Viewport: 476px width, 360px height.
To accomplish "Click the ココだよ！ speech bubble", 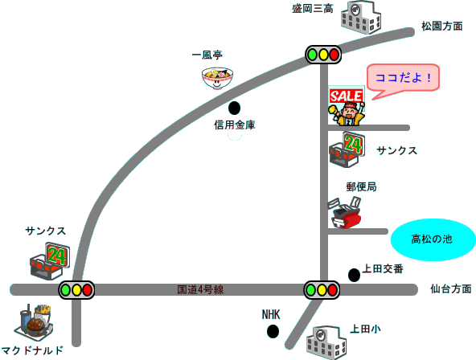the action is pyautogui.click(x=403, y=78).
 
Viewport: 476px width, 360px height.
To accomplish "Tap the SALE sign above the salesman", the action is pyautogui.click(x=346, y=96).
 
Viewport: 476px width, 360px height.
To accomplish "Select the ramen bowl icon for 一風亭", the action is pyautogui.click(x=217, y=78).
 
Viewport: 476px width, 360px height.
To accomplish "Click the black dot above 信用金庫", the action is pyautogui.click(x=234, y=108).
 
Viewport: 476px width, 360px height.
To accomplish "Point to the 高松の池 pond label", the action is pyautogui.click(x=431, y=239).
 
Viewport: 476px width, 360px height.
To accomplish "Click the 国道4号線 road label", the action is pyautogui.click(x=200, y=289).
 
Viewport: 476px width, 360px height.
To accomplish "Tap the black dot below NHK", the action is pyautogui.click(x=273, y=332).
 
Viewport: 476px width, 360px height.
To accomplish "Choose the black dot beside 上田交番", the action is pyautogui.click(x=354, y=275).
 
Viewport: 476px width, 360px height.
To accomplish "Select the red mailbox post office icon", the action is pyautogui.click(x=345, y=213).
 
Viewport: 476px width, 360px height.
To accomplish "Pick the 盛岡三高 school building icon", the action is pyautogui.click(x=361, y=18).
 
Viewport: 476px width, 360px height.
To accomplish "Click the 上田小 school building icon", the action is pyautogui.click(x=326, y=342).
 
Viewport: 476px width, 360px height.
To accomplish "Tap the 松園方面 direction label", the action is pyautogui.click(x=442, y=27).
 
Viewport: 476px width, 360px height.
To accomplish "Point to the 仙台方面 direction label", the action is pyautogui.click(x=451, y=288).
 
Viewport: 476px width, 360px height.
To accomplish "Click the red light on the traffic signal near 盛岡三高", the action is pyautogui.click(x=334, y=55).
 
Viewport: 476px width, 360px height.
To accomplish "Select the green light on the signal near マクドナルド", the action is pyautogui.click(x=65, y=290).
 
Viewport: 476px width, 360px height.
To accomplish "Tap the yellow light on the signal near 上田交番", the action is pyautogui.click(x=322, y=290).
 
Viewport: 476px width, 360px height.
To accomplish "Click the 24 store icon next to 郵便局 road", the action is pyautogui.click(x=347, y=149).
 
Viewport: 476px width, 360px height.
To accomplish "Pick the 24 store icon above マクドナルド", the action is pyautogui.click(x=50, y=261).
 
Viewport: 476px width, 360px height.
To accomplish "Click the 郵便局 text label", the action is pyautogui.click(x=361, y=186).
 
